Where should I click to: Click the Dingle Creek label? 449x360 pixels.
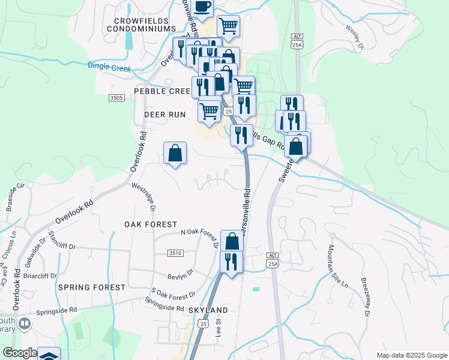click(109, 67)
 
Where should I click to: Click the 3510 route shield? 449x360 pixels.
click(175, 254)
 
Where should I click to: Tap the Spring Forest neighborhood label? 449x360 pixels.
click(92, 287)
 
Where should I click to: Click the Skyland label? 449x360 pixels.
click(208, 310)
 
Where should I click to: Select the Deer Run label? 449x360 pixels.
click(165, 114)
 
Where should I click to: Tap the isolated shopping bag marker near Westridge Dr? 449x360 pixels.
click(175, 153)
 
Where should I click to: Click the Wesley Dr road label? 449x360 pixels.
click(355, 37)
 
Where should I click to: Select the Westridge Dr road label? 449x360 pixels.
click(143, 197)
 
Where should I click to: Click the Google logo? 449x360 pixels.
click(20, 353)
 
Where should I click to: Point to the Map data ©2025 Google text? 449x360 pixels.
click(411, 355)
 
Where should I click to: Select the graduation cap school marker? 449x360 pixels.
click(49, 355)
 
